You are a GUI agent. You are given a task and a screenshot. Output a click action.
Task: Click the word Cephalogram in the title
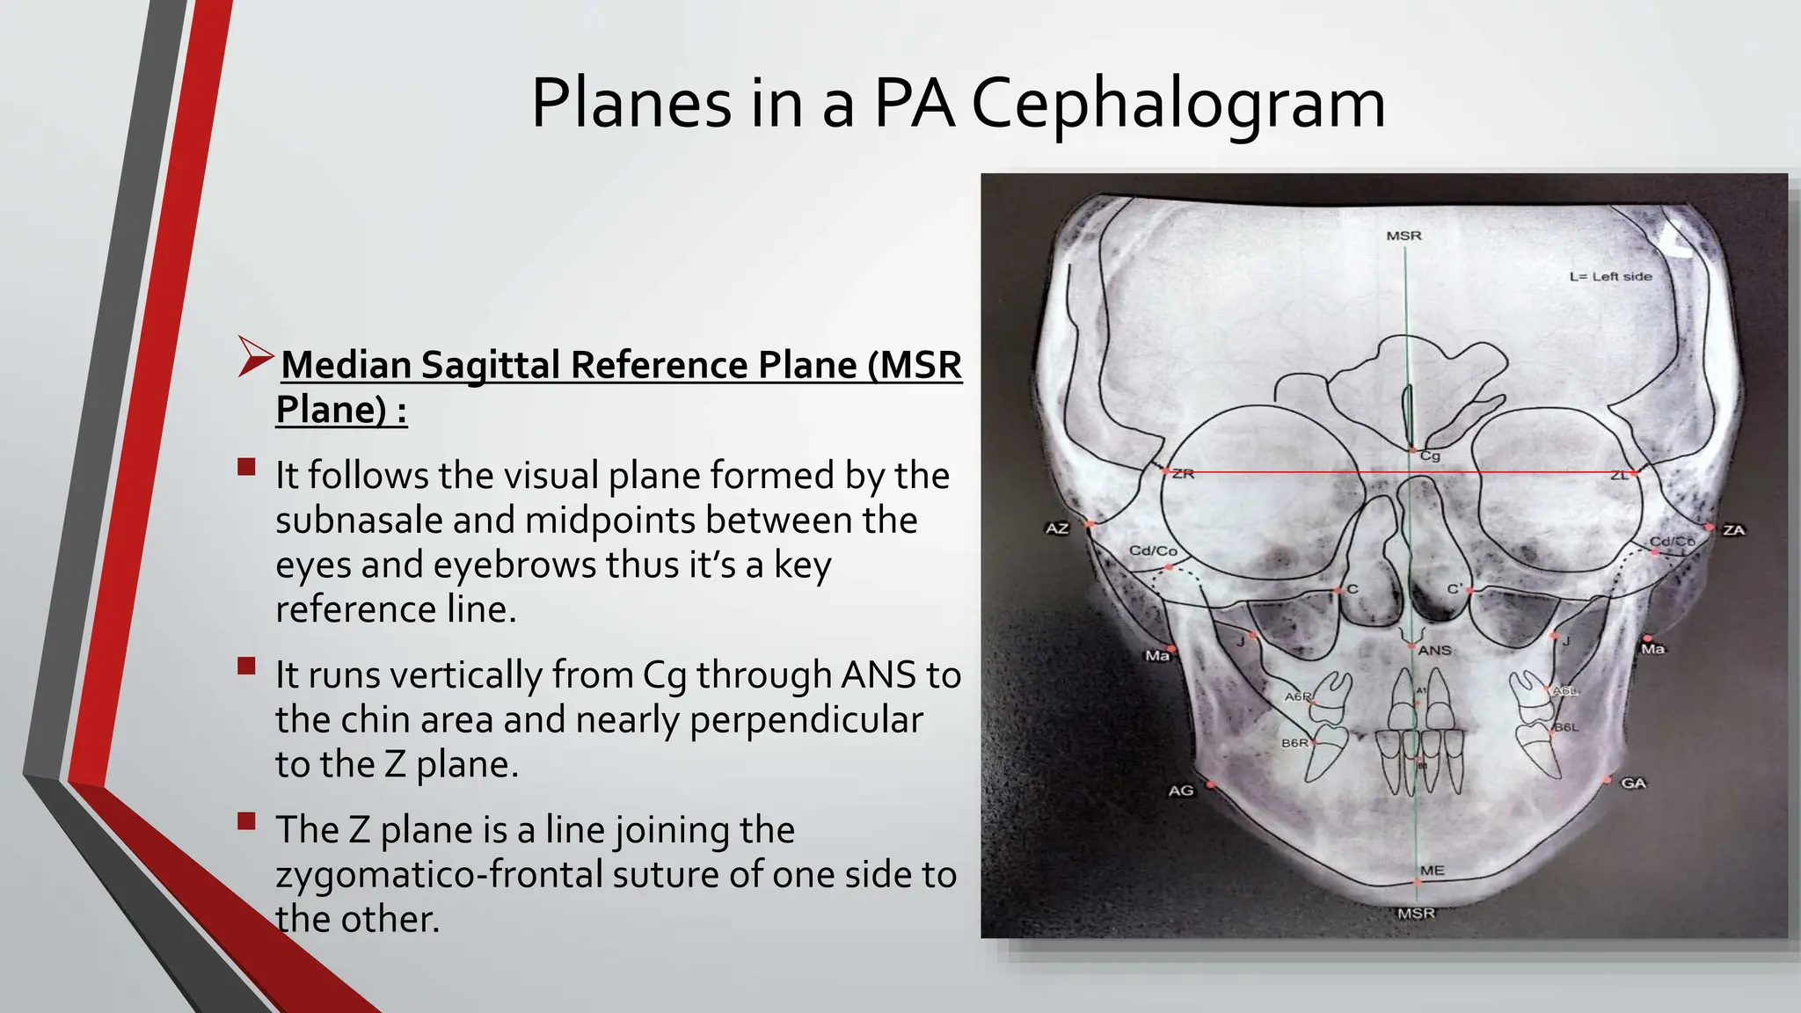(x=1178, y=104)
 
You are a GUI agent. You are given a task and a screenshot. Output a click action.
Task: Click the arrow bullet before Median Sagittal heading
(x=256, y=358)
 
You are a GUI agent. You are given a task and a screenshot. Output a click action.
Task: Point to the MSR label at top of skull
(x=1404, y=236)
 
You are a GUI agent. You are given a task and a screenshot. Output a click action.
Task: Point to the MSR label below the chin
(x=1416, y=914)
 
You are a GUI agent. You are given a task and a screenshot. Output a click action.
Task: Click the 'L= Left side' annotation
(x=1610, y=276)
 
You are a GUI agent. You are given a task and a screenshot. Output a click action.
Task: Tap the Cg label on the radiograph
(x=1431, y=455)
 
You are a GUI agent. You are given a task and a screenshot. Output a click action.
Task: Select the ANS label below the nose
(x=1434, y=651)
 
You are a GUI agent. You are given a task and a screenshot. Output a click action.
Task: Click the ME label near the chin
(x=1432, y=871)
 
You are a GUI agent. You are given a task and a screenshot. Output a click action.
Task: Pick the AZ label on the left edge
(x=1056, y=528)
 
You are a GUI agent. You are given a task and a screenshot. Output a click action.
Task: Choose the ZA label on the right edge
(x=1733, y=530)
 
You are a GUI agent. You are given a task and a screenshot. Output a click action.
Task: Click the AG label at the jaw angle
(x=1181, y=791)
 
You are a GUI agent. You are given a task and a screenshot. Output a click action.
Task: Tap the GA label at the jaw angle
(x=1633, y=783)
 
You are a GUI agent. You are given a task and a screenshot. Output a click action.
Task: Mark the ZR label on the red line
(x=1183, y=474)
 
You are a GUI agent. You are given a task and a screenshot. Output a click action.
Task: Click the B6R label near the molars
(x=1294, y=743)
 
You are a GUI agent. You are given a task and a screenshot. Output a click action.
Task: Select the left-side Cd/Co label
(x=1153, y=551)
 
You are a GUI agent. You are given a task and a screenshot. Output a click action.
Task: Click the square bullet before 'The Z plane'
(x=246, y=821)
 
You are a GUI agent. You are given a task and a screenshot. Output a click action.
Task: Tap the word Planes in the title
(x=631, y=104)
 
